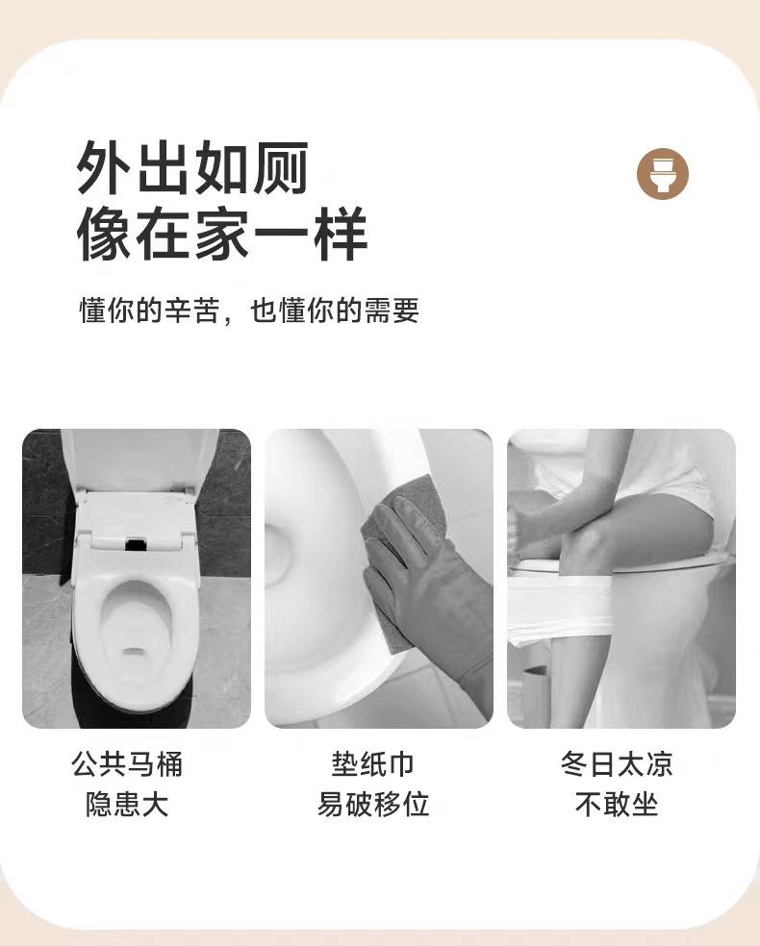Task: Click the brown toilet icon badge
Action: click(663, 174)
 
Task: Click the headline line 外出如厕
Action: click(192, 168)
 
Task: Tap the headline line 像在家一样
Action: click(221, 234)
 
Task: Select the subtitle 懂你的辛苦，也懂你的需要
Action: click(249, 311)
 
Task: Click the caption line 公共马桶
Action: click(127, 764)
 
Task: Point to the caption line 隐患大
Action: click(127, 805)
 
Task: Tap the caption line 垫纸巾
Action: click(372, 764)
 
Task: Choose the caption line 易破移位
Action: click(373, 805)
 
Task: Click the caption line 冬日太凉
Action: click(617, 764)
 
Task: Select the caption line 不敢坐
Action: click(617, 805)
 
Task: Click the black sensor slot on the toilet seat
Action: click(137, 544)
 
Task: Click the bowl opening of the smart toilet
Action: click(137, 628)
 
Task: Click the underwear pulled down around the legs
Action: click(562, 609)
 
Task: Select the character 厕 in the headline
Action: click(281, 168)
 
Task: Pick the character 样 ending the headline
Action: click(340, 234)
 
